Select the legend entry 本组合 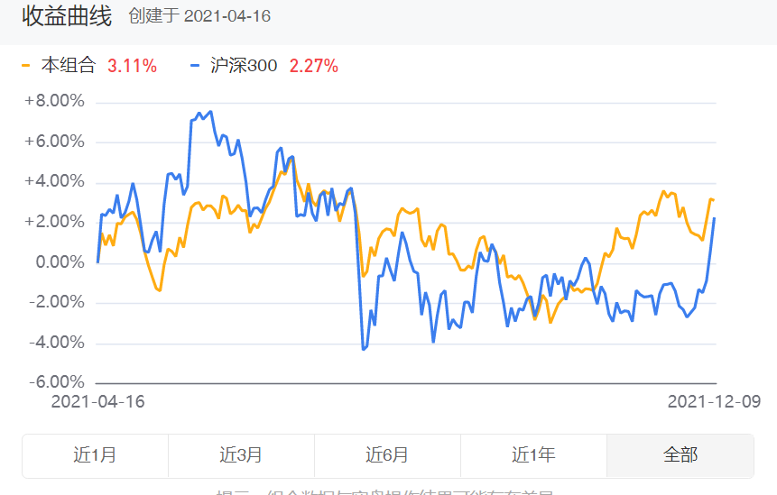point(69,66)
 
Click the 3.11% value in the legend point(132,66)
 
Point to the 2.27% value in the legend point(313,66)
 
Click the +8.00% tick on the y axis point(54,101)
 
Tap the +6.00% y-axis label point(54,142)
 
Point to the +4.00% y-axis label point(54,181)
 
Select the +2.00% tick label point(54,222)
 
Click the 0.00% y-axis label point(58,262)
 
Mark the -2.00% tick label point(56,302)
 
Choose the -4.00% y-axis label point(56,343)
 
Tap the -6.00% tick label point(56,382)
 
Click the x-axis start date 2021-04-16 point(97,401)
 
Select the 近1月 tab point(95,455)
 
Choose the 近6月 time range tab point(387,455)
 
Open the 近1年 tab point(533,455)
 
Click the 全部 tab point(680,455)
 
